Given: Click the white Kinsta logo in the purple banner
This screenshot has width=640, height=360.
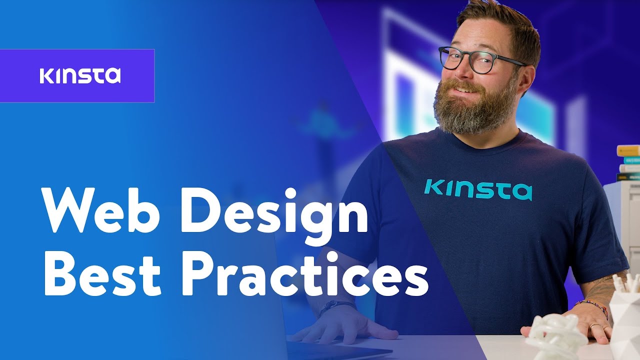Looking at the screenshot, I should pos(80,75).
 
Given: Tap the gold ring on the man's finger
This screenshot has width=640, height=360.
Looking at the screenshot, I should pos(591,326).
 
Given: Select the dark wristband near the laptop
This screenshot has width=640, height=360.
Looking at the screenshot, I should pos(336,306).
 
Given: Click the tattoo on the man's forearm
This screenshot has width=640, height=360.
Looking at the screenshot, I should pos(607,287).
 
